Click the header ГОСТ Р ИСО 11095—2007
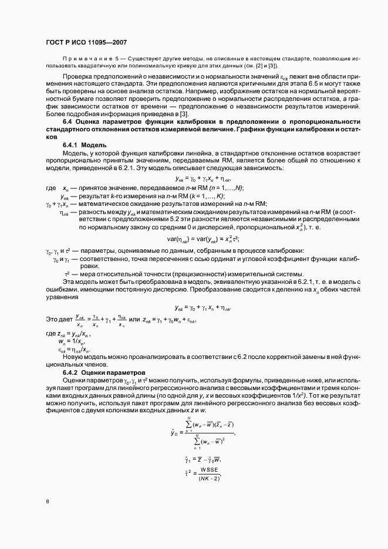[86, 43]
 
